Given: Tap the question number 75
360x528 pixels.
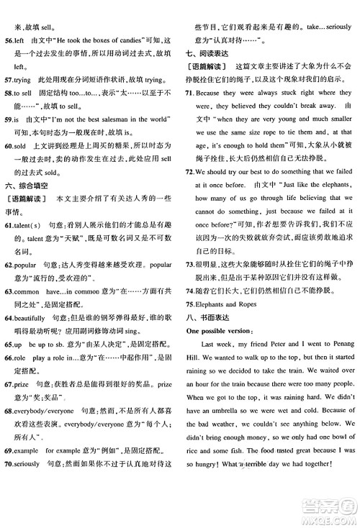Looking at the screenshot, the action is coord(189,306).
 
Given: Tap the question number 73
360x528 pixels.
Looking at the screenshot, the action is coord(189,267).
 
